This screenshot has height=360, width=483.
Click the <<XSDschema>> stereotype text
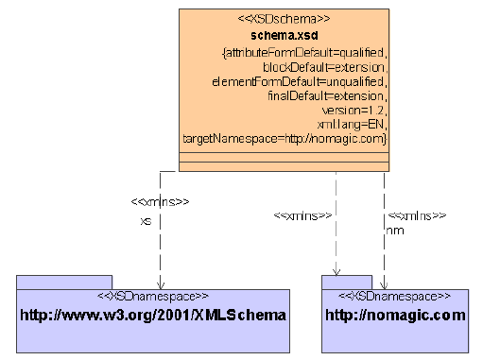(x=285, y=18)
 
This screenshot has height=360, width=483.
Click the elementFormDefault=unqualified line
(x=300, y=82)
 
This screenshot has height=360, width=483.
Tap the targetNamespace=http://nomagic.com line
(x=285, y=138)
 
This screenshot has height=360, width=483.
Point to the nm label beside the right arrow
(x=396, y=230)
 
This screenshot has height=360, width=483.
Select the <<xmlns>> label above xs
(x=160, y=202)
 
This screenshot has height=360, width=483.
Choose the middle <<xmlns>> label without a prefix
(x=302, y=216)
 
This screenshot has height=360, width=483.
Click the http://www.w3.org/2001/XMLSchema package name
(x=153, y=314)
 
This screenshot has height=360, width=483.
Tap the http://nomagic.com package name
(x=395, y=314)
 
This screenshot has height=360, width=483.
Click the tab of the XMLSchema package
(x=64, y=282)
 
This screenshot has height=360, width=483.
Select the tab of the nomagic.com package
(x=346, y=282)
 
